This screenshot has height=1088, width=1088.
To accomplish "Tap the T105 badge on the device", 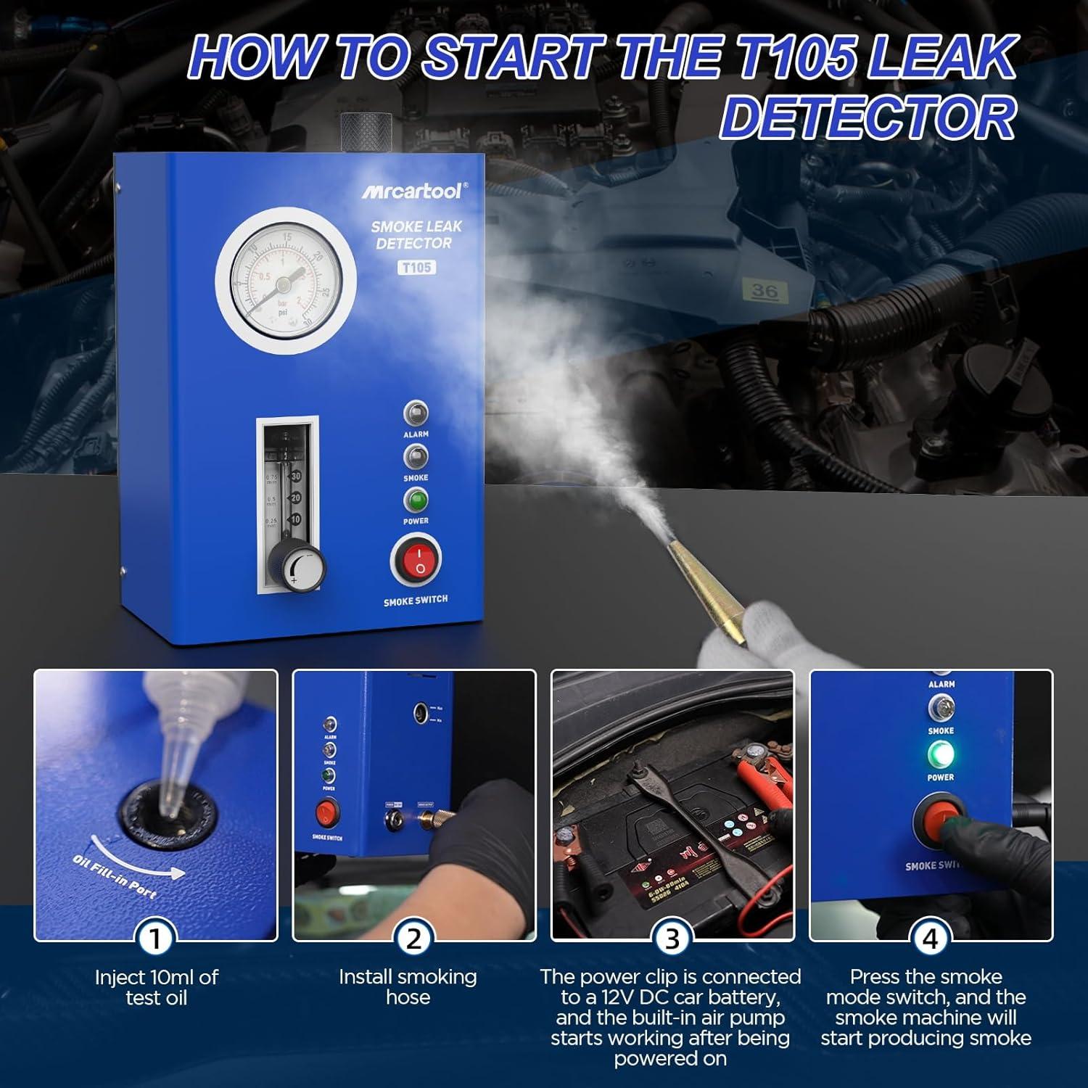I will tap(417, 268).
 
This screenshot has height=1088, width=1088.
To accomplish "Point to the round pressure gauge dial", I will tap(285, 281).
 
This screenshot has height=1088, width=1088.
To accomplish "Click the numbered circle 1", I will tap(154, 939).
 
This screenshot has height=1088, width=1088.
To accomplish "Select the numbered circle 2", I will tap(413, 939).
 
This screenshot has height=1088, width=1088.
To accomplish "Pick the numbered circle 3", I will tap(672, 939).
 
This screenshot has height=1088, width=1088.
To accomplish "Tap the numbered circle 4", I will tap(930, 939).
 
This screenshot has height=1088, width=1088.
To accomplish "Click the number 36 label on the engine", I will tap(765, 292).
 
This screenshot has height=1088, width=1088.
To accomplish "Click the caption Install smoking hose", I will tap(408, 986).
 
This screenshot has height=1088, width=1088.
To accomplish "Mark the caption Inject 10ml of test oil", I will tap(156, 986).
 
